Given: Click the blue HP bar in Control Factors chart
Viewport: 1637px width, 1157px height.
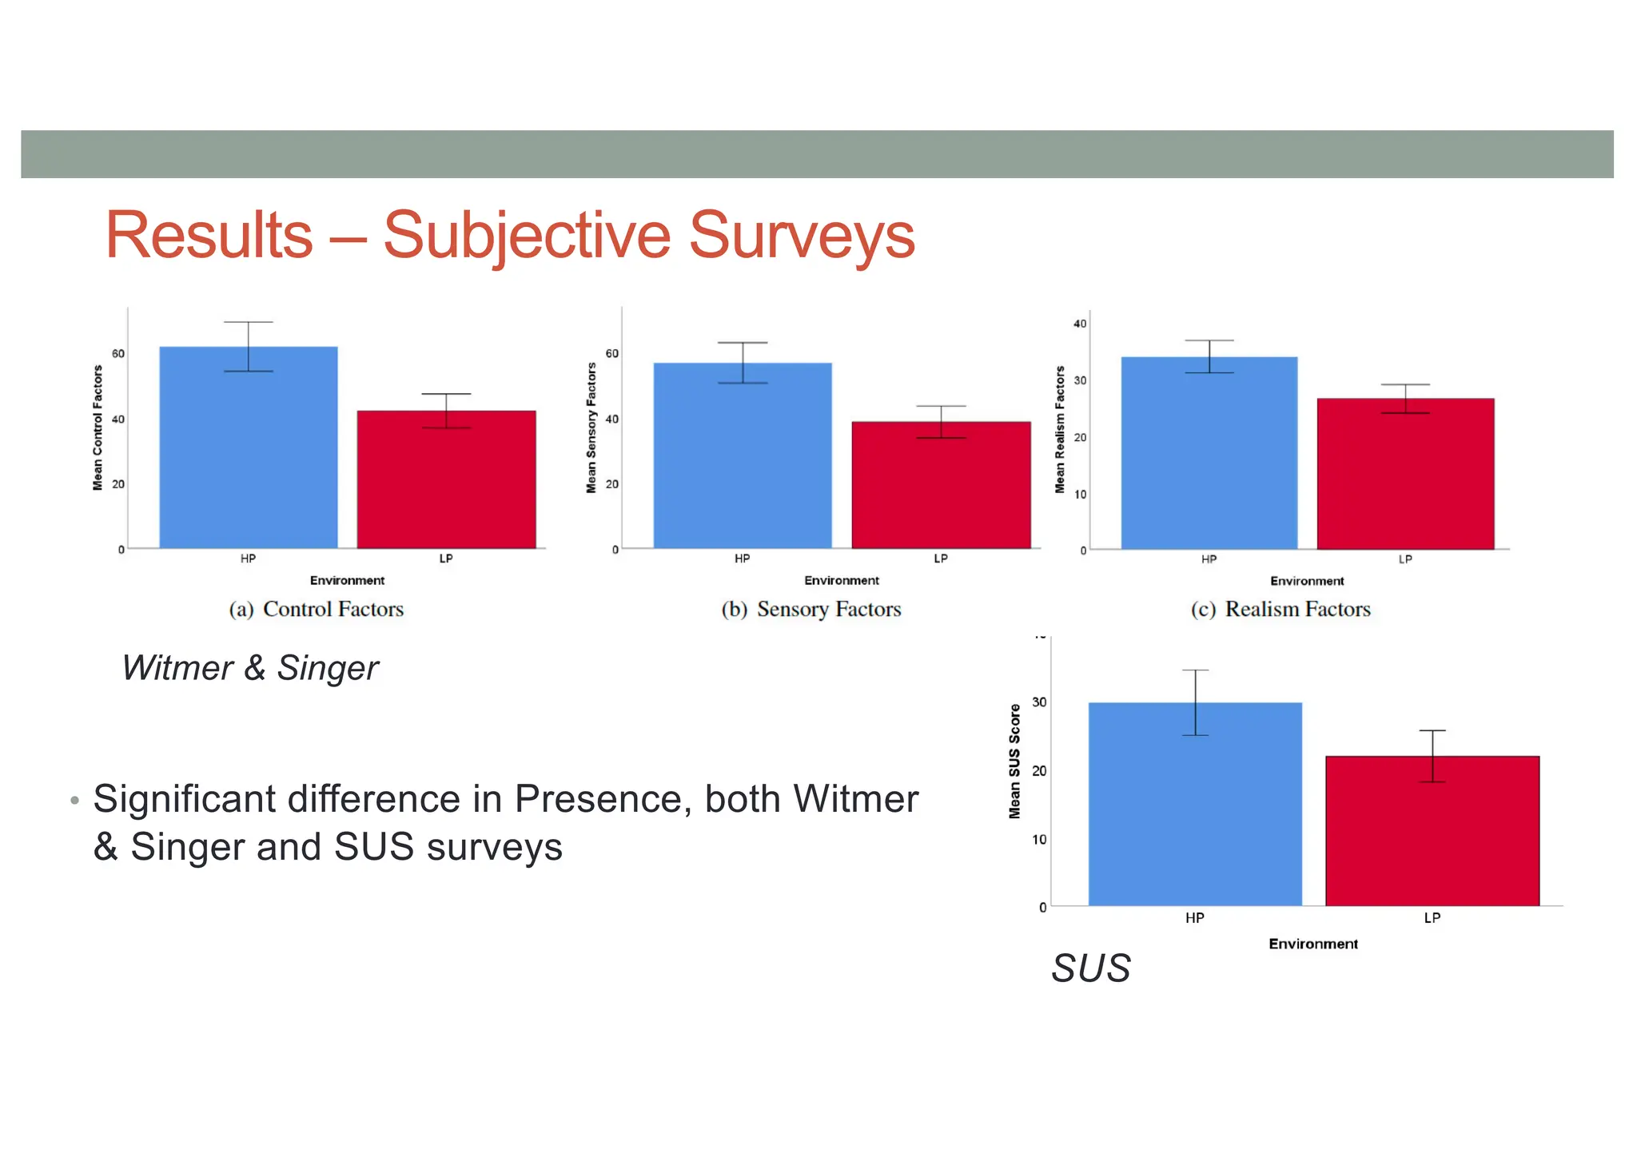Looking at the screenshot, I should pyautogui.click(x=249, y=447).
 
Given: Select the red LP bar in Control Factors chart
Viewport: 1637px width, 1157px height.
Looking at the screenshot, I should pyautogui.click(x=446, y=479).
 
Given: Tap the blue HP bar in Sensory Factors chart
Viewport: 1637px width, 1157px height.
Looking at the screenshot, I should pyautogui.click(x=743, y=455).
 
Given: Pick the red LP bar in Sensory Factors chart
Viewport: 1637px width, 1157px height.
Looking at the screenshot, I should pyautogui.click(x=941, y=485).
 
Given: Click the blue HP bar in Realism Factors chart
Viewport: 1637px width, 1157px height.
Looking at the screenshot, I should pyautogui.click(x=1209, y=453).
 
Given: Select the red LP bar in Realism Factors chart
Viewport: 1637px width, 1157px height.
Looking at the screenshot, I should pyautogui.click(x=1405, y=474).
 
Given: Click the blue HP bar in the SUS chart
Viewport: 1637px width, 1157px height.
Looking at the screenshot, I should pyautogui.click(x=1195, y=804).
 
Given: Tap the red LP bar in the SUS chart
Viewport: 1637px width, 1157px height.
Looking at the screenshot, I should pyautogui.click(x=1432, y=831).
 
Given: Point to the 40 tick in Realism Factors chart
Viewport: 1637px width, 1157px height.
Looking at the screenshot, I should pyautogui.click(x=1080, y=324).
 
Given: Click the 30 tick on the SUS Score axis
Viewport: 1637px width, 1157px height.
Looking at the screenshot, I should pyautogui.click(x=1039, y=702).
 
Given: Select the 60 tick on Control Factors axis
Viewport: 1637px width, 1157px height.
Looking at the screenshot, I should pyautogui.click(x=118, y=353).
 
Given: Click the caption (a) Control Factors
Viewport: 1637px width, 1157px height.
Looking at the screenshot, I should pyautogui.click(x=317, y=609).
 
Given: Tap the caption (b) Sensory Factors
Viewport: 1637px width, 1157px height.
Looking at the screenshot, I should pyautogui.click(x=811, y=609).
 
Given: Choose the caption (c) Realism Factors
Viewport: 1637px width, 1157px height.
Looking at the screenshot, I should pyautogui.click(x=1281, y=609).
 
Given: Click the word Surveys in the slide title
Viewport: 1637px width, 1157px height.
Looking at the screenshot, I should pyautogui.click(x=801, y=235).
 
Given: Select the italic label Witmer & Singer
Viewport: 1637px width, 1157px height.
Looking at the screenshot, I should pyautogui.click(x=249, y=668).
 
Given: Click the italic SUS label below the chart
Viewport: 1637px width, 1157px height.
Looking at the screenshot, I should pyautogui.click(x=1090, y=968).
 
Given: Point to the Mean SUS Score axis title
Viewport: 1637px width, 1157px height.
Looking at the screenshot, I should pyautogui.click(x=1014, y=761).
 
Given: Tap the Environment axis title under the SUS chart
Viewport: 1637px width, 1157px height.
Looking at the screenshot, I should pyautogui.click(x=1312, y=944).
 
